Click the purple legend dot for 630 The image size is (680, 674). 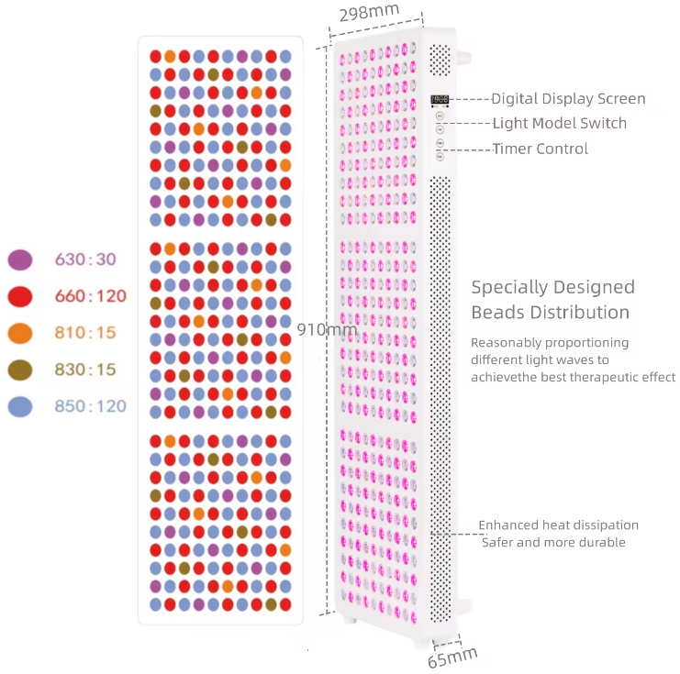click(x=20, y=260)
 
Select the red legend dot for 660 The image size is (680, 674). click(x=20, y=296)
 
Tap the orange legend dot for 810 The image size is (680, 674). click(x=20, y=333)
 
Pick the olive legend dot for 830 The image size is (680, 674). click(x=20, y=370)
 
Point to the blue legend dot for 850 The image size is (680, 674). click(x=20, y=406)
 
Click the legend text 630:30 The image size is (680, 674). click(x=86, y=260)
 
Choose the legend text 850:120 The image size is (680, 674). click(x=90, y=406)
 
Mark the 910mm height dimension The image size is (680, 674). click(x=328, y=329)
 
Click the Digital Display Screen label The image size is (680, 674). click(x=568, y=99)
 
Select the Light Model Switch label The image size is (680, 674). click(x=560, y=123)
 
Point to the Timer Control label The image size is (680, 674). click(x=541, y=149)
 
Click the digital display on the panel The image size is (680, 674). click(x=440, y=99)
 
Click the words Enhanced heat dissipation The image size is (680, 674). click(x=558, y=525)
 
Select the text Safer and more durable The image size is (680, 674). click(x=553, y=542)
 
